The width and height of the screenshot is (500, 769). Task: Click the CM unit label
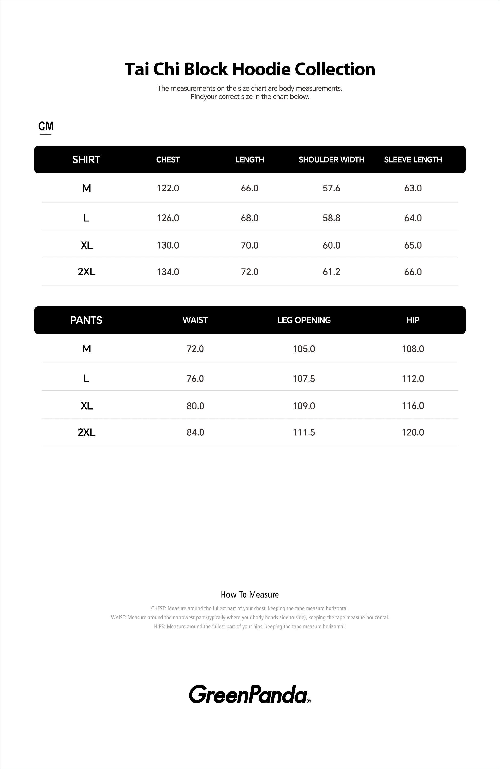46,126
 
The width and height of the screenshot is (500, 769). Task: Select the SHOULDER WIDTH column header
331,160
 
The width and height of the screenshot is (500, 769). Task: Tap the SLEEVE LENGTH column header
413,160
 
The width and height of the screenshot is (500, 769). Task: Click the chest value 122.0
168,188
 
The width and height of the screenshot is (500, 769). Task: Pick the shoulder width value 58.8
331,218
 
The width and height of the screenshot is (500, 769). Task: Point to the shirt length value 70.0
250,245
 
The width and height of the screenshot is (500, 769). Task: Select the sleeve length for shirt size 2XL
413,272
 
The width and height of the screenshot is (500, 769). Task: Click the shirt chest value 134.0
168,272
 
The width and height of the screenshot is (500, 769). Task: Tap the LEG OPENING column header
304,320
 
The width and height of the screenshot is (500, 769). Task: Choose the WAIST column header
195,320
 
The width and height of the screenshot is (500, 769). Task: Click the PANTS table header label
86,320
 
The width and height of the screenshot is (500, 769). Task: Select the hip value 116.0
413,406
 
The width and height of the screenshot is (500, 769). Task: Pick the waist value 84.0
195,432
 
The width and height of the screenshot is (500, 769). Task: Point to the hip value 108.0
413,349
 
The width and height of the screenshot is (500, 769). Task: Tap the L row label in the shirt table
86,218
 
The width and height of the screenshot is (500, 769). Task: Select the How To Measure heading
250,595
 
